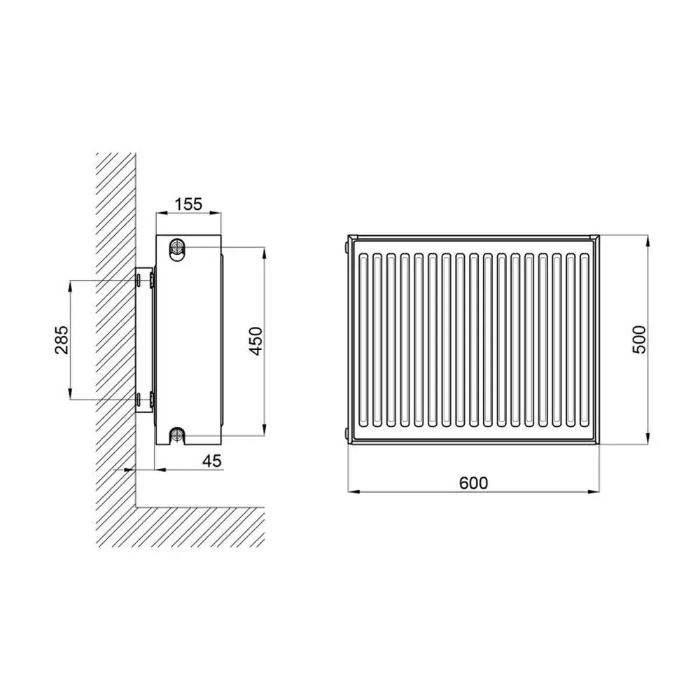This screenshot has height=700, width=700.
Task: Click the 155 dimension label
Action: pyautogui.click(x=188, y=204)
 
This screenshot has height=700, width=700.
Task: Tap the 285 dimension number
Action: pyautogui.click(x=62, y=340)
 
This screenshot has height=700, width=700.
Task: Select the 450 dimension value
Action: pyautogui.click(x=255, y=341)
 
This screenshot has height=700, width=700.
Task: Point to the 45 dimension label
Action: pyautogui.click(x=211, y=461)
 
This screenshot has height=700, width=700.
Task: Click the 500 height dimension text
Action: pyautogui.click(x=639, y=339)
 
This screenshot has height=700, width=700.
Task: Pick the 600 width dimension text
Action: pyautogui.click(x=473, y=483)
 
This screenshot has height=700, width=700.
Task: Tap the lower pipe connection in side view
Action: pyautogui.click(x=178, y=435)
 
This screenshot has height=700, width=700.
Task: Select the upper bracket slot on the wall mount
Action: pyautogui.click(x=139, y=281)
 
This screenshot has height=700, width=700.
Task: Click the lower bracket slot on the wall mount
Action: pyautogui.click(x=139, y=399)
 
